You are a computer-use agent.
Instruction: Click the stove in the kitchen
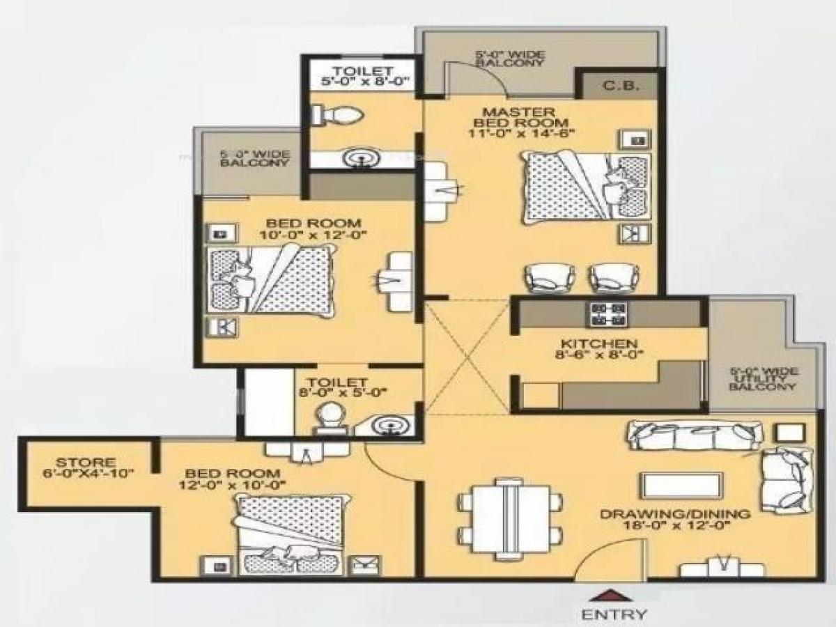[x=608, y=314]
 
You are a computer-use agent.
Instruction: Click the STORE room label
[x=86, y=462]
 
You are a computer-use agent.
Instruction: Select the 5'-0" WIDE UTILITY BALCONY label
[x=771, y=379]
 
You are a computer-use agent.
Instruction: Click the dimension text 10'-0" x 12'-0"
[x=313, y=235]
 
